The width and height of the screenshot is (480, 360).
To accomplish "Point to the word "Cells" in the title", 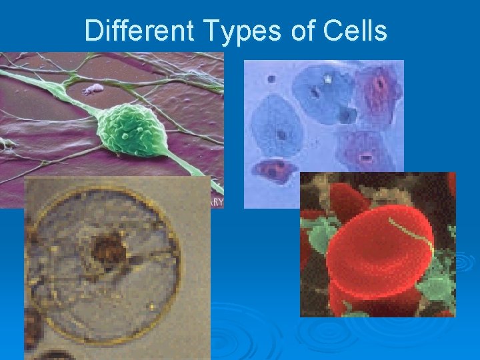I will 353,31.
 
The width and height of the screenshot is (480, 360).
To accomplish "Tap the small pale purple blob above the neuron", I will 93,87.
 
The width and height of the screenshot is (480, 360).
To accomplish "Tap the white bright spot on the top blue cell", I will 328,79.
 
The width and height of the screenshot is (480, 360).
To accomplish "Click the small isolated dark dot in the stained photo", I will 271,79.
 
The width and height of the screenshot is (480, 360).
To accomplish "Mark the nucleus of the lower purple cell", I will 366,157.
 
